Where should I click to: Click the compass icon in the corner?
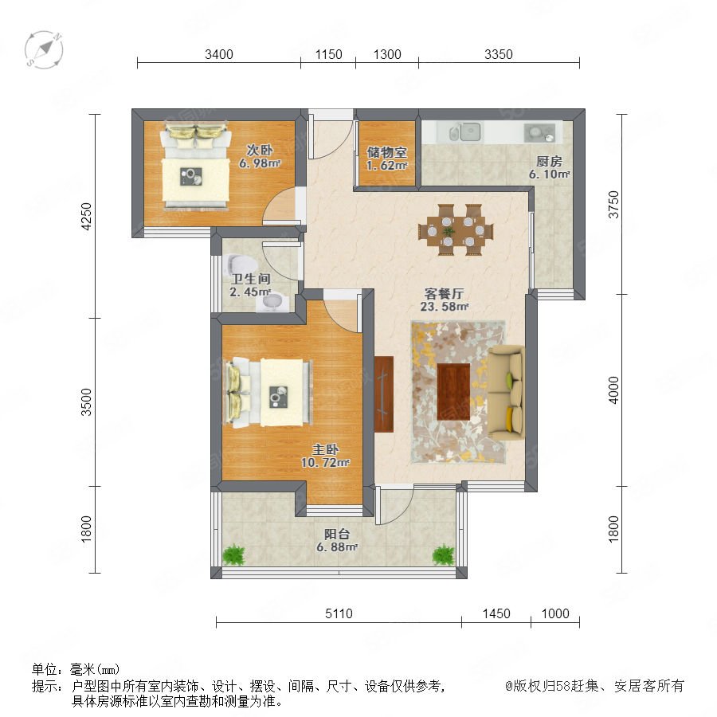44,50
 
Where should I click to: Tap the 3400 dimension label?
219,54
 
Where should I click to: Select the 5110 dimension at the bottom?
339,613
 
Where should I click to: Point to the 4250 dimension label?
86,216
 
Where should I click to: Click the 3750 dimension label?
613,205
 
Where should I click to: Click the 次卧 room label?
260,150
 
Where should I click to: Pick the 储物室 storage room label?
387,152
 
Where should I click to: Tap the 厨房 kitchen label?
549,161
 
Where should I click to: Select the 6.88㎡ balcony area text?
337,547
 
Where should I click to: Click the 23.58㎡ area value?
445,307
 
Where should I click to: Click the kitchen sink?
465,131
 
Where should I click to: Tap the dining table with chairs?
456,229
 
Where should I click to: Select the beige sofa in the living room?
506,392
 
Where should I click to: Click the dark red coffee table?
453,391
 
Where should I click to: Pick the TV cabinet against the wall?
384,394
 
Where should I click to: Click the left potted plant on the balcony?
233,554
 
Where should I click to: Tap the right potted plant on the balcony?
443,554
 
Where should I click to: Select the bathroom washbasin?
273,303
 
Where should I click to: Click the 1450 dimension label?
496,613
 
